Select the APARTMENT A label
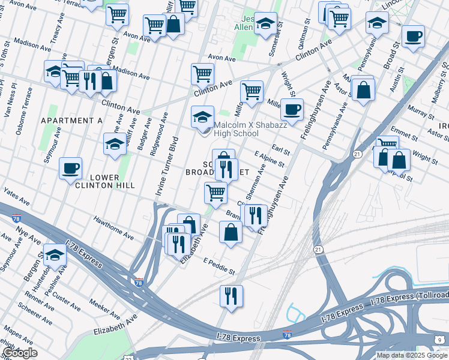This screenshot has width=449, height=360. (x=71, y=121)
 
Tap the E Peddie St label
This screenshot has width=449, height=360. (x=218, y=266)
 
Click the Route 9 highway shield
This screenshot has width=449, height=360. (x=440, y=340)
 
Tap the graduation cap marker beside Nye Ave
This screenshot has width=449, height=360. (x=55, y=254)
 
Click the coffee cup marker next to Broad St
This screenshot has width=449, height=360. (x=413, y=36)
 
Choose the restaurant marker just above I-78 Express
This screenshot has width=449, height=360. (x=229, y=295)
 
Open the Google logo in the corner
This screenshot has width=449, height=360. (x=20, y=353)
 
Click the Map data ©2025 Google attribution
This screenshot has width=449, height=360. (x=411, y=355)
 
